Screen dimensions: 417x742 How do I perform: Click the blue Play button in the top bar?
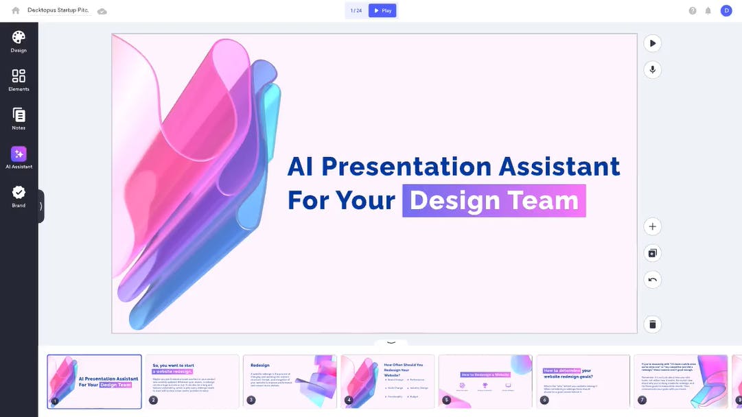click(x=382, y=10)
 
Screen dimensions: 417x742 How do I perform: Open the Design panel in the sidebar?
click(x=19, y=40)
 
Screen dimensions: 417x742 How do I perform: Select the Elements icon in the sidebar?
click(x=19, y=79)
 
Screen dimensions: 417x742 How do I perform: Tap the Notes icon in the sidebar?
click(x=19, y=118)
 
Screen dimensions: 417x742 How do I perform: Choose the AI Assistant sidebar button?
click(x=19, y=157)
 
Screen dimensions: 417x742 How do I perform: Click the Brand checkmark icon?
click(x=19, y=195)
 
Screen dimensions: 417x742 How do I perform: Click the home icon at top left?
click(x=16, y=10)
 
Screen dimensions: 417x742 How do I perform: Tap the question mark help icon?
click(x=693, y=10)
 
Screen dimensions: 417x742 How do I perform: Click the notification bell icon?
click(x=708, y=10)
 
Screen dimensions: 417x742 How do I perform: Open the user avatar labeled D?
click(x=726, y=10)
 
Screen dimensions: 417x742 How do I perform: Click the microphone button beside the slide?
click(x=652, y=69)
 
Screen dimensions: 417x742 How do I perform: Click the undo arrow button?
click(x=652, y=279)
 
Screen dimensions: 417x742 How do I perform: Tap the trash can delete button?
click(x=652, y=324)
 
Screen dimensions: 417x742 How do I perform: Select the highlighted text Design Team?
click(x=494, y=200)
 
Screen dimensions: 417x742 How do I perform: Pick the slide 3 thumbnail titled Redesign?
click(x=290, y=381)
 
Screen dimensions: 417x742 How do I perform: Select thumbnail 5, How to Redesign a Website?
click(x=485, y=381)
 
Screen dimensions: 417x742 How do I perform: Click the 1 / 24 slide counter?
click(x=356, y=10)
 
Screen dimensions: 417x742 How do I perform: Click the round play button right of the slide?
click(x=652, y=43)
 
